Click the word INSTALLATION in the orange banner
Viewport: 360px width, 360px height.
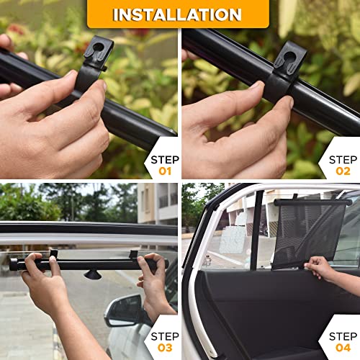(x=177, y=14)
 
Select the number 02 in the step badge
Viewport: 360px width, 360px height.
(x=343, y=171)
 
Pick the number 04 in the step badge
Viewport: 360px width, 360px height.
(x=343, y=349)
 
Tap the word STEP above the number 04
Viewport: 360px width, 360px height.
(x=343, y=336)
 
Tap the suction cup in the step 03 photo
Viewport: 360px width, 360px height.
(x=93, y=274)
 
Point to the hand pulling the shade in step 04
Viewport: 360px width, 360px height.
(x=320, y=269)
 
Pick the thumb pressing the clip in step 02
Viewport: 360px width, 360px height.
(x=245, y=97)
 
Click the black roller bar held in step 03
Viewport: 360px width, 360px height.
(x=86, y=264)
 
